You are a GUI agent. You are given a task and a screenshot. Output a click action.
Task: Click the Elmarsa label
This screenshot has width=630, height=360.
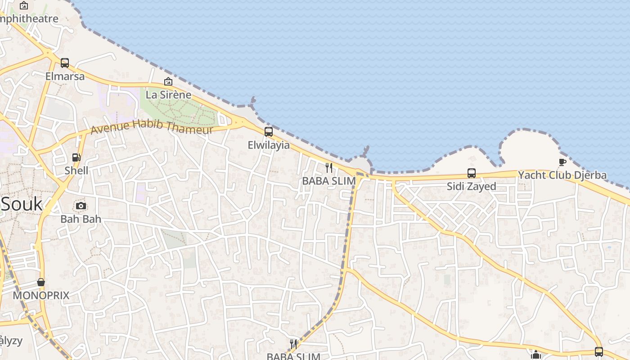65,76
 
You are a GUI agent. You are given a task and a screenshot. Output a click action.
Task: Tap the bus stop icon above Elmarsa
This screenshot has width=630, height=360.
65,63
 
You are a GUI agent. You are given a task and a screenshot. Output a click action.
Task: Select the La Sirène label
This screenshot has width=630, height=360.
168,95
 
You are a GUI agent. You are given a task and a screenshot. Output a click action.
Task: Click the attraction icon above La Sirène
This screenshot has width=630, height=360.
168,81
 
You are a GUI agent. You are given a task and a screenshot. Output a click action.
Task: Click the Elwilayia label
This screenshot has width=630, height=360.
269,145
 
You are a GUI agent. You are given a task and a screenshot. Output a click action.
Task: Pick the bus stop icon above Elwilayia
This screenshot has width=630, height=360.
269,132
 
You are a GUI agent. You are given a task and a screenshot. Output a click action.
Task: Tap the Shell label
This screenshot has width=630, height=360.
76,171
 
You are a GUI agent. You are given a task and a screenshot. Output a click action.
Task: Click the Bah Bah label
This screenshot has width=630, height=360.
81,220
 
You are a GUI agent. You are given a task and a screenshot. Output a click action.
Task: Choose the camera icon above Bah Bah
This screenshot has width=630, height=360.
81,206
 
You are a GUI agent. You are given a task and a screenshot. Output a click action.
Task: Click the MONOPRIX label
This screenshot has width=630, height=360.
41,296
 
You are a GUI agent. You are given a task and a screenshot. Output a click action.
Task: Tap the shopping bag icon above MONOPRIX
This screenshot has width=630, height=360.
41,282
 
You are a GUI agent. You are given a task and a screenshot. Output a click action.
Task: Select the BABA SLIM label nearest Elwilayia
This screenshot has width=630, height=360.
329,181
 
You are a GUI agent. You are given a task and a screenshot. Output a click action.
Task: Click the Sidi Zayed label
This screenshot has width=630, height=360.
471,186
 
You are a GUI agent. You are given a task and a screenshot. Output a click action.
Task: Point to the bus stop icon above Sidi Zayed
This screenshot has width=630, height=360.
471,173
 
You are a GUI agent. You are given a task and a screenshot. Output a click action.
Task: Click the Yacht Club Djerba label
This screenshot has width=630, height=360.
562,175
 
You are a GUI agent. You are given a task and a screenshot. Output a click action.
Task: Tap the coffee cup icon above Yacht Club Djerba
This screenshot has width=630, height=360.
562,162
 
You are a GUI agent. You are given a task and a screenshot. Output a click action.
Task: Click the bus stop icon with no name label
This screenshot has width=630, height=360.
598,352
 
